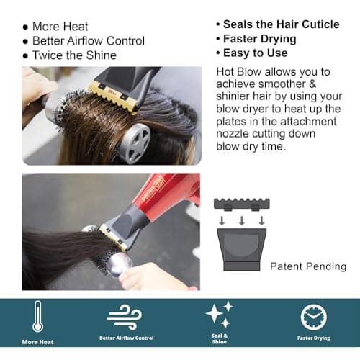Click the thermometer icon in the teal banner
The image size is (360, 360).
coord(38,316)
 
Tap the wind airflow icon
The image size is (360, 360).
coord(125,317)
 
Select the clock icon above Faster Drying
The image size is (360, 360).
coord(314,318)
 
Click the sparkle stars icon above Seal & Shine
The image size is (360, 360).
coord(220,315)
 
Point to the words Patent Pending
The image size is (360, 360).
coord(308,266)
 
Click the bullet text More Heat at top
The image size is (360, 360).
coord(60,27)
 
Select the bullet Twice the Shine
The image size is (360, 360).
coord(74,55)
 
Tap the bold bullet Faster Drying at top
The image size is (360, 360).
coord(260,39)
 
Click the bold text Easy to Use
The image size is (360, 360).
coord(256,53)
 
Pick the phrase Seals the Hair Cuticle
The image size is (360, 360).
coord(282,24)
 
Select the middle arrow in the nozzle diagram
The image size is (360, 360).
coord(242,220)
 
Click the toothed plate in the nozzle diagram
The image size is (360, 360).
coord(242,204)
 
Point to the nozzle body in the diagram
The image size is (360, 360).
coord(242,250)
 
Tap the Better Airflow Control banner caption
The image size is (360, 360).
coord(127,338)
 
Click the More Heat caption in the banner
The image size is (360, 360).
coord(38,342)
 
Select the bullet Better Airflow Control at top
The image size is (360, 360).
coord(89,41)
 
